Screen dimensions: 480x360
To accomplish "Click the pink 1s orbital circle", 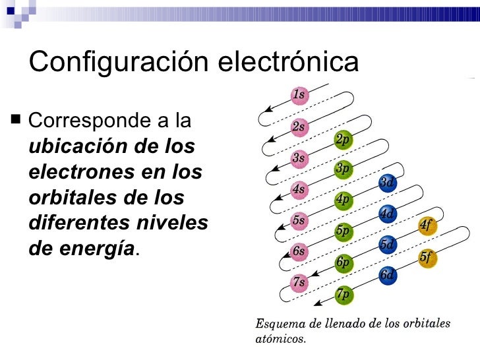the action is [x=299, y=95].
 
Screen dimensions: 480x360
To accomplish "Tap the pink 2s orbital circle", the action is [x=299, y=127].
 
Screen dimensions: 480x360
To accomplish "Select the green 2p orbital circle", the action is [x=342, y=140].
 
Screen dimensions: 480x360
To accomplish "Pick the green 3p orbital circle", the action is [x=342, y=169].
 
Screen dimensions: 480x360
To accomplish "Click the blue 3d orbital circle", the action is [x=387, y=183].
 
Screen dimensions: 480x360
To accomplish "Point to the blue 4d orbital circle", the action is [x=387, y=214].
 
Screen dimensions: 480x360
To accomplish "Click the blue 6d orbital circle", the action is [x=387, y=276].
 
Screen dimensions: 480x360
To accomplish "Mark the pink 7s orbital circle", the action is [x=299, y=282].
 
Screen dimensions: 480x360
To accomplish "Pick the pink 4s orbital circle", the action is [x=299, y=189].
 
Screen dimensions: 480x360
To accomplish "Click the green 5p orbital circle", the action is [x=343, y=231].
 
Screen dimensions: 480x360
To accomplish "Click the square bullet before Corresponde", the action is [x=16, y=121].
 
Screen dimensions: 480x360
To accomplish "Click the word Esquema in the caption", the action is [x=278, y=324].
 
